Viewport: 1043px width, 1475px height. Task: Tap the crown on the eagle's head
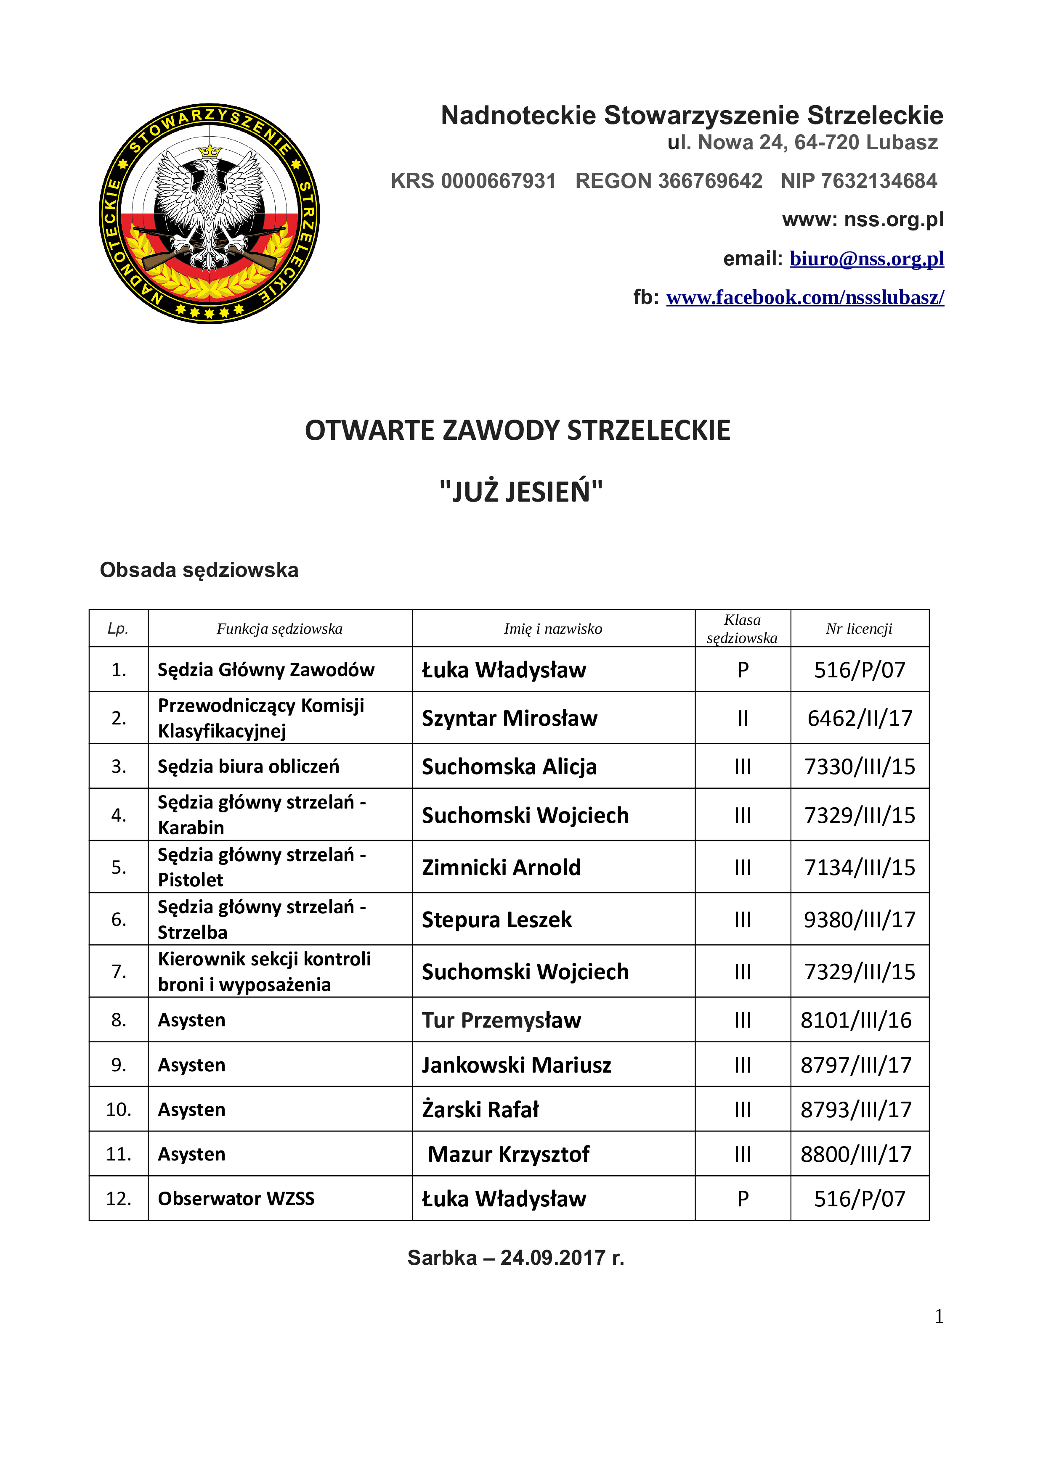[x=210, y=152]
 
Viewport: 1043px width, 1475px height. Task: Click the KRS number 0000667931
[x=498, y=181]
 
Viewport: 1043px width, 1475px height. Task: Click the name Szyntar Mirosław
[x=509, y=718]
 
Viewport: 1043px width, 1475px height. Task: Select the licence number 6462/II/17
[x=859, y=718]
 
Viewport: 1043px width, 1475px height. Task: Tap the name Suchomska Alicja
[x=509, y=767]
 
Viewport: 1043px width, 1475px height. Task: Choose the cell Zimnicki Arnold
[x=501, y=867]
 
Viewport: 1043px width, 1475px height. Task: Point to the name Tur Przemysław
[x=501, y=1020]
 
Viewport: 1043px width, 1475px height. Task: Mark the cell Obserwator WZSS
[x=236, y=1199]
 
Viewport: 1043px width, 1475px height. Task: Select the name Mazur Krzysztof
[x=508, y=1155]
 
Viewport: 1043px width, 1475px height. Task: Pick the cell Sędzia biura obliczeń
[x=248, y=767]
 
